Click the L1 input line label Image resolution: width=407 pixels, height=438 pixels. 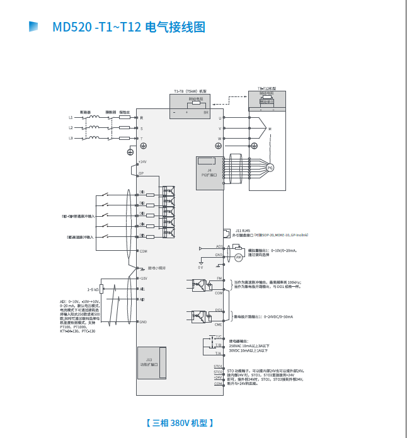(x=71, y=118)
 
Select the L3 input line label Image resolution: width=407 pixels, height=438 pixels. (x=71, y=137)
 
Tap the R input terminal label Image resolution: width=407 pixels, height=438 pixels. (x=141, y=118)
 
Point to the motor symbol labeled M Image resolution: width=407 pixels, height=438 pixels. (x=270, y=129)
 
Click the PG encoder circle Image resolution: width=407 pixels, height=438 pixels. (x=270, y=168)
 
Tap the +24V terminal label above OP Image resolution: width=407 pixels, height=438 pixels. (x=142, y=162)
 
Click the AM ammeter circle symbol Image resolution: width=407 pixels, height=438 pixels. (x=238, y=258)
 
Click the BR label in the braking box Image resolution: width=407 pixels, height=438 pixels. (x=205, y=112)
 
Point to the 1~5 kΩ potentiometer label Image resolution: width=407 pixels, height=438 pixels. (x=94, y=289)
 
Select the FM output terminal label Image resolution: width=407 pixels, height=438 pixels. (x=219, y=278)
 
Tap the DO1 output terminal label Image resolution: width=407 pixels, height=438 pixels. (x=219, y=310)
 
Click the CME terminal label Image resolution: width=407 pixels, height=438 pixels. (x=219, y=325)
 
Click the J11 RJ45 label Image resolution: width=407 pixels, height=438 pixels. (x=243, y=231)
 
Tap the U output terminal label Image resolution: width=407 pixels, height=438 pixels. (x=220, y=118)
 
